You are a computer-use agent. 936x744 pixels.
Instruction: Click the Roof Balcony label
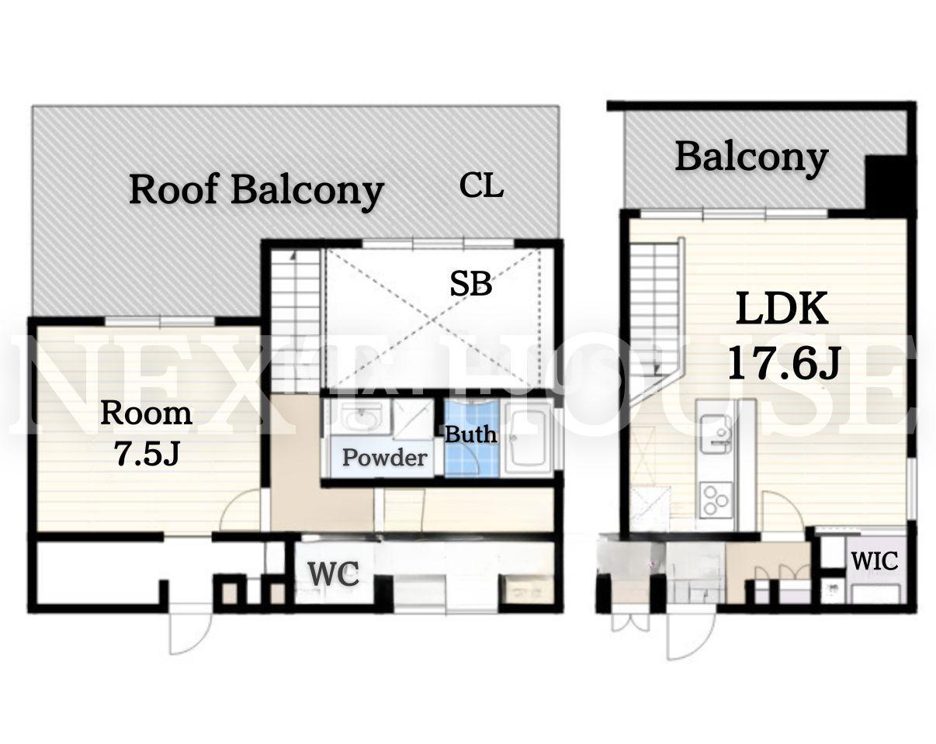click(x=257, y=191)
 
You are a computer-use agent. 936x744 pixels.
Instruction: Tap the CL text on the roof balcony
click(x=481, y=185)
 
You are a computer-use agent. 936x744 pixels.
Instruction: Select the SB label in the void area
click(x=471, y=283)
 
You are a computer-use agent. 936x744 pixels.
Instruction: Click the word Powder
click(x=384, y=458)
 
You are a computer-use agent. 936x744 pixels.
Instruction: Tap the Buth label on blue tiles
click(x=470, y=434)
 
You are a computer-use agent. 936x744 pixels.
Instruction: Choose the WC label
click(x=334, y=573)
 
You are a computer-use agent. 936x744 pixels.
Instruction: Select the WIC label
click(x=874, y=561)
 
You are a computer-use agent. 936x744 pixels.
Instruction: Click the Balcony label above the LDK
click(x=751, y=158)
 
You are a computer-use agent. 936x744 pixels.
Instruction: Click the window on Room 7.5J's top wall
click(x=160, y=321)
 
